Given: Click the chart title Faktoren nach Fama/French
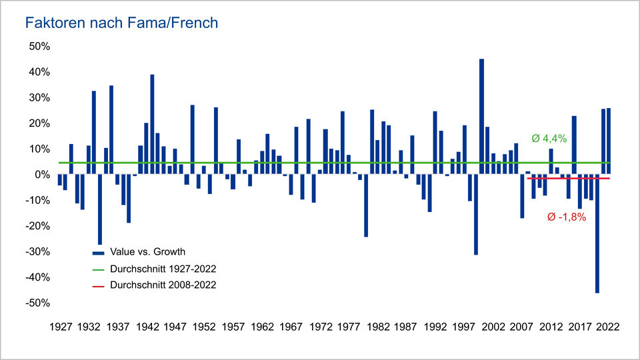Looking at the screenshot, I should [x=121, y=23].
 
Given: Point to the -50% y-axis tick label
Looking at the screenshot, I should [x=38, y=303].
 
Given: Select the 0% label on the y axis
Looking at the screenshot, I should [x=42, y=175].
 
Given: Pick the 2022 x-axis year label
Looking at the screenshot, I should [x=608, y=327].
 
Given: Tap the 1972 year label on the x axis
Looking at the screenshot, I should [x=322, y=327].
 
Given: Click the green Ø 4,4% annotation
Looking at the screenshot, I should [x=549, y=139].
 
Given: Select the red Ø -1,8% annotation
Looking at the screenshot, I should [x=566, y=217].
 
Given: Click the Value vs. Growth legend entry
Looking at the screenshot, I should [x=147, y=252].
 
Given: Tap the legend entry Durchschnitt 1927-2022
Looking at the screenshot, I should [x=163, y=269].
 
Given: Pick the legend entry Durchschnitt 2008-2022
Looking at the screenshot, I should [x=163, y=285].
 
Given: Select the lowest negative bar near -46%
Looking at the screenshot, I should [x=597, y=233].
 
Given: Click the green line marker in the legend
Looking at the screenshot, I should [x=98, y=269].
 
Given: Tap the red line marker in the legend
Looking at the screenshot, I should [x=98, y=285].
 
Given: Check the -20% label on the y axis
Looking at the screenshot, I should [x=38, y=226].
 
